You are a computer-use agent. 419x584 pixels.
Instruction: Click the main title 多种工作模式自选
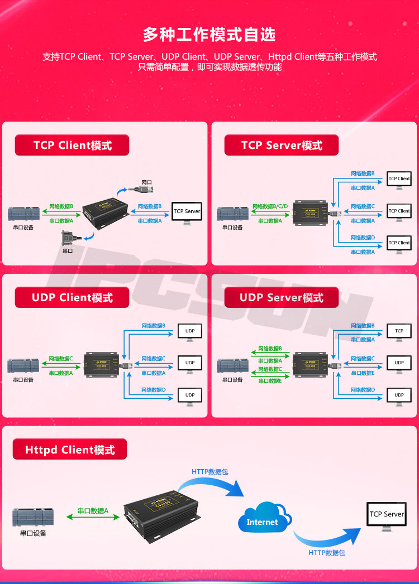click(209, 35)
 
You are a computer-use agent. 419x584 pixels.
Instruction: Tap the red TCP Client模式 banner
click(72, 146)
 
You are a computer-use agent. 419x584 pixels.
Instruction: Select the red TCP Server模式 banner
click(282, 146)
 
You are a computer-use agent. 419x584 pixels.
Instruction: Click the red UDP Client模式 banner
click(72, 298)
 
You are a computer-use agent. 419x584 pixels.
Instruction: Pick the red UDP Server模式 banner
click(282, 298)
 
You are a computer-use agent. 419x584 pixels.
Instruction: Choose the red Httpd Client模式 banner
click(70, 450)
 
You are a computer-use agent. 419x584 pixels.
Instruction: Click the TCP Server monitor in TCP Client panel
click(187, 213)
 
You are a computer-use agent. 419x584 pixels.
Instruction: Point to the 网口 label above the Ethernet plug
click(146, 182)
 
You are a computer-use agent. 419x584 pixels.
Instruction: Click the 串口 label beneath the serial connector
click(67, 251)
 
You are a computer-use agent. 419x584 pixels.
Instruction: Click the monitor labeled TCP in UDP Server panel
click(399, 332)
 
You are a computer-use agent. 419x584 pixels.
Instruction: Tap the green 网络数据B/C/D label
click(270, 206)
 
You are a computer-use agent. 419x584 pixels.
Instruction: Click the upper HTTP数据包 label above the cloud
click(209, 472)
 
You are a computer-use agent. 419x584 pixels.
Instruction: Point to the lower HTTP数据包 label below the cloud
click(327, 553)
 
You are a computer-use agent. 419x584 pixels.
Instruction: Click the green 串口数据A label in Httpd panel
click(93, 511)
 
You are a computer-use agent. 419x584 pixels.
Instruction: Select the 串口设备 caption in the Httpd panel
click(33, 533)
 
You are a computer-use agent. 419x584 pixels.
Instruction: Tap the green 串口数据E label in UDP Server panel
click(269, 381)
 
